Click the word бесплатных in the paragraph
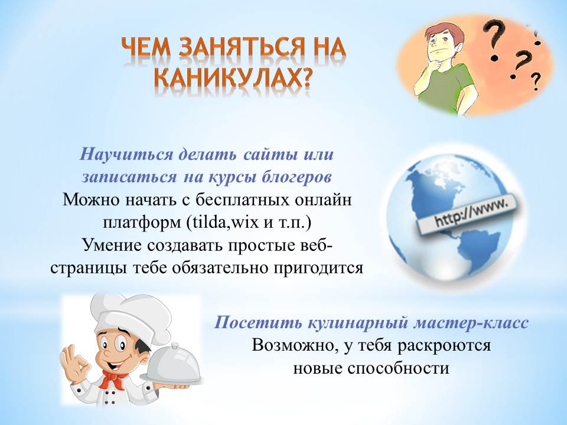[243, 200]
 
